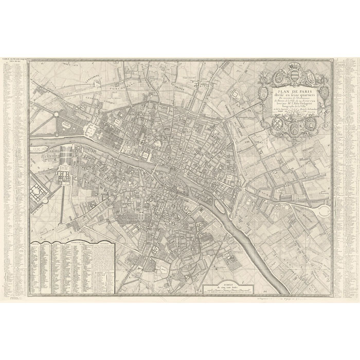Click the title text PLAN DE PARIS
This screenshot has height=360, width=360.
294,92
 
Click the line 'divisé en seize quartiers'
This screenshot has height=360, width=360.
294,96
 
